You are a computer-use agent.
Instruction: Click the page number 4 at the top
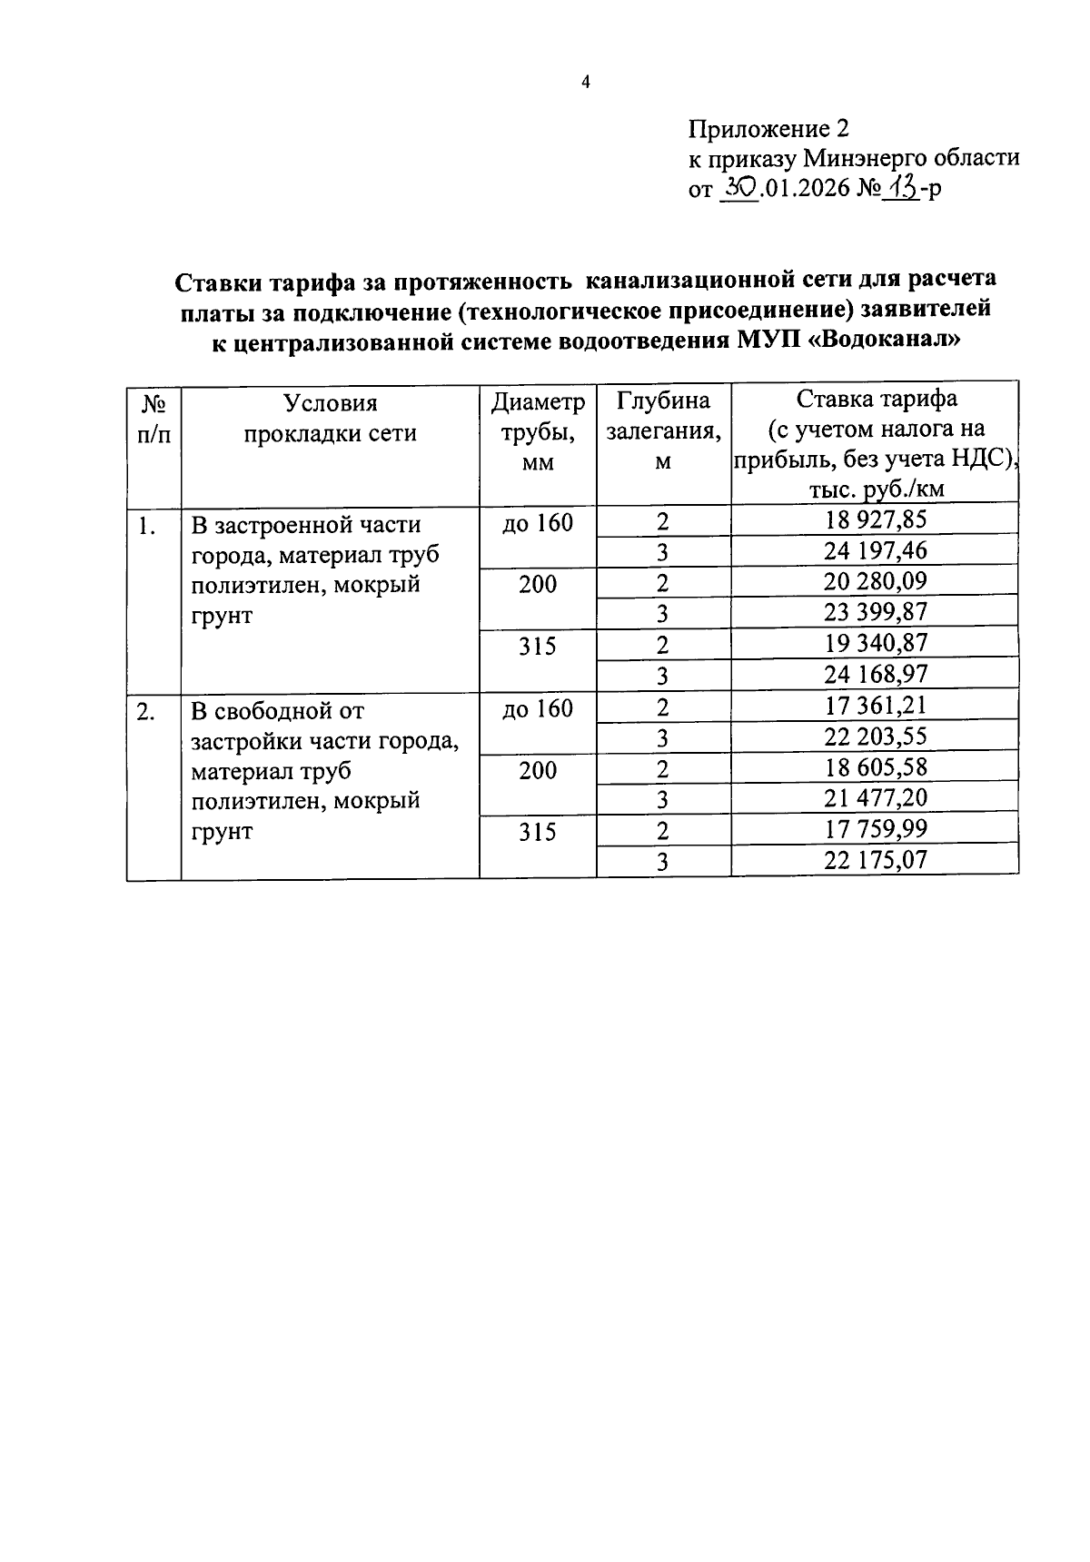586,83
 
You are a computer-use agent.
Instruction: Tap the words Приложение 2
768,127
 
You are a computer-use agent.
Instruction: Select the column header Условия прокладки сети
330,418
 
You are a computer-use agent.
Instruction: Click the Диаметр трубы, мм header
538,431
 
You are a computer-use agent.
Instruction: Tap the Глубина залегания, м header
663,431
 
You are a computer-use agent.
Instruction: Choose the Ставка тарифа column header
876,444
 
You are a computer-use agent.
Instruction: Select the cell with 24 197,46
876,550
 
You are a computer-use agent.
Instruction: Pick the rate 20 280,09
876,581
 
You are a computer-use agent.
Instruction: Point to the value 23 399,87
876,612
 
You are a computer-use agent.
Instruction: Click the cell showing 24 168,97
876,674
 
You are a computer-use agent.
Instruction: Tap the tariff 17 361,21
876,706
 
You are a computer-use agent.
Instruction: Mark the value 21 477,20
876,798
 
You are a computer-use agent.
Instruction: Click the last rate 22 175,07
876,860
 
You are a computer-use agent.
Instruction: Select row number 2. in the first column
145,712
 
